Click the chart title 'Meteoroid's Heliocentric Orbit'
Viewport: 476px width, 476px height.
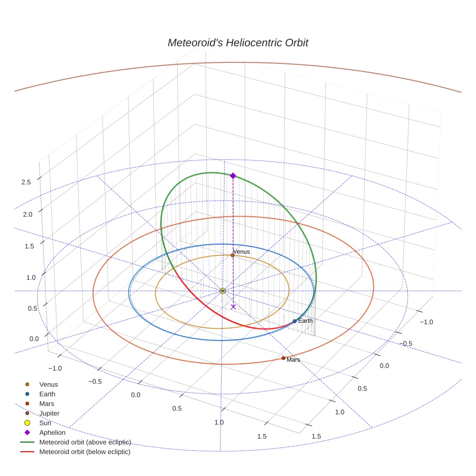[238, 43]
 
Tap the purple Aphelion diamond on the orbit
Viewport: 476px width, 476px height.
[233, 176]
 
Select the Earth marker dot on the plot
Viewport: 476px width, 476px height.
[295, 321]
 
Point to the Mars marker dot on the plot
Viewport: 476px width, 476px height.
[283, 358]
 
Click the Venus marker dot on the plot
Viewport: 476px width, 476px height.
[233, 255]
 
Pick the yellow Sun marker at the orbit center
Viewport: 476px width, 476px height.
[223, 291]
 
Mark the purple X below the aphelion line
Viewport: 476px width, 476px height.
[233, 307]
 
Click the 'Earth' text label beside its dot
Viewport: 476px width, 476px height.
[305, 321]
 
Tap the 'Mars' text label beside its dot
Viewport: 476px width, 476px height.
[293, 360]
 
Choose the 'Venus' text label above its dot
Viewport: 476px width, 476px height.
[241, 252]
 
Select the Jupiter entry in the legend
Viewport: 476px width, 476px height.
[49, 413]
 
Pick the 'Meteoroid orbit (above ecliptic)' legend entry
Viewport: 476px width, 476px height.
[85, 442]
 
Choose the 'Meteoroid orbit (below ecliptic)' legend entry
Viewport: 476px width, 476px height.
[85, 452]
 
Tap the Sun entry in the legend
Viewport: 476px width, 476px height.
[45, 423]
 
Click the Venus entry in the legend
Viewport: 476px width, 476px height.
[48, 384]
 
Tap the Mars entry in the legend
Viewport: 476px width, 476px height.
[46, 403]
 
